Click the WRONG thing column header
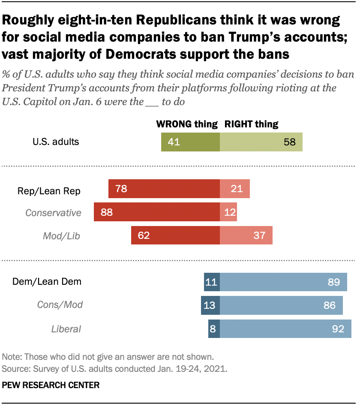[x=187, y=124]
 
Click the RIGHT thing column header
[x=252, y=124]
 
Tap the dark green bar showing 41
[x=190, y=142]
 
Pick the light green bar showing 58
[x=261, y=142]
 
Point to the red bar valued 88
[x=157, y=212]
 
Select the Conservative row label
[x=53, y=212]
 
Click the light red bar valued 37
[x=246, y=235]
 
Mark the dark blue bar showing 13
[x=210, y=305]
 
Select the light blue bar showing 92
[x=285, y=329]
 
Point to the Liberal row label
[x=66, y=329]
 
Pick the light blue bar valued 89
[x=283, y=282]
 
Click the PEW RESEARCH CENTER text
[x=51, y=385]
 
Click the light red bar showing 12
[x=228, y=212]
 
